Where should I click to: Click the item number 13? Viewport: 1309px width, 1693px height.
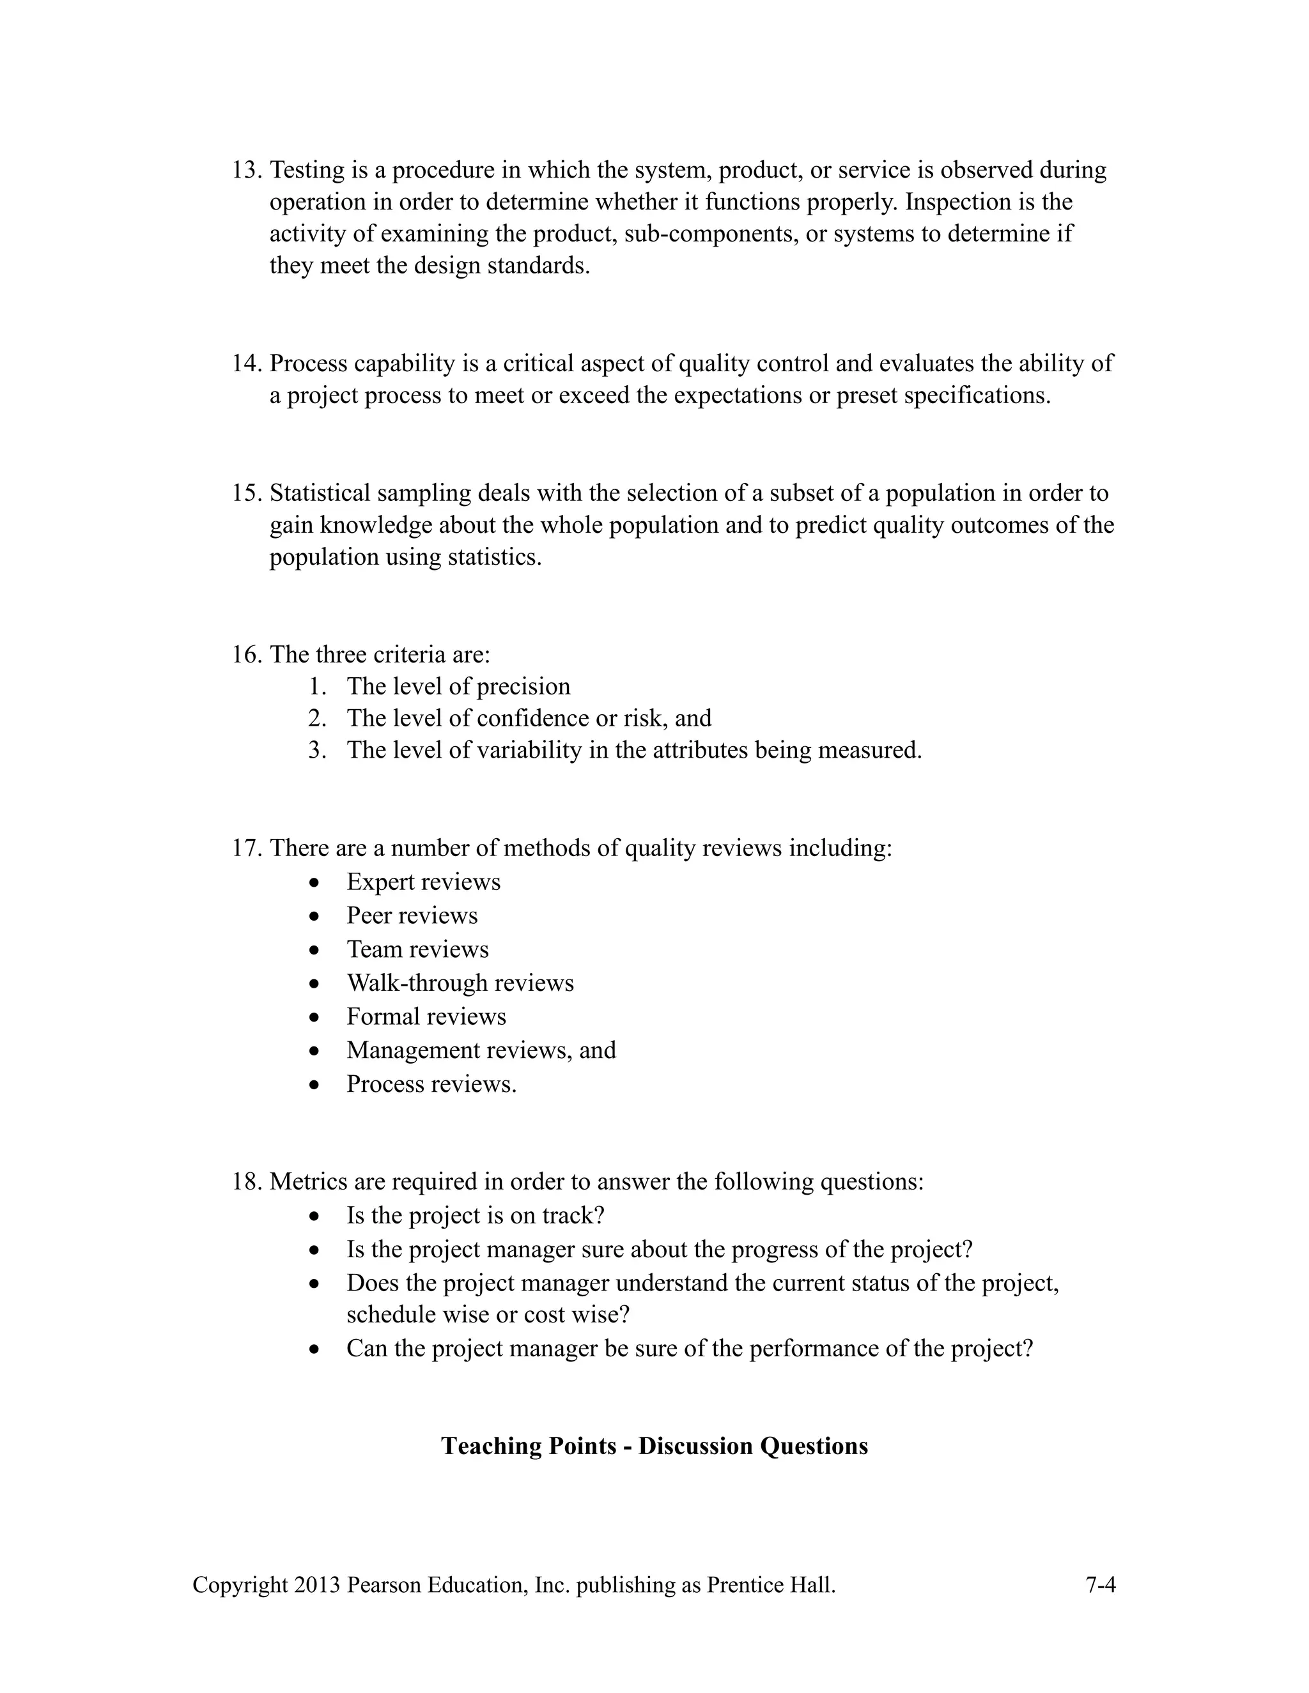pyautogui.click(x=247, y=170)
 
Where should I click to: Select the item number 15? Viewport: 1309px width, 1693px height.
pyautogui.click(x=247, y=493)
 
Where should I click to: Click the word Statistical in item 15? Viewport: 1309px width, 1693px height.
pyautogui.click(x=327, y=493)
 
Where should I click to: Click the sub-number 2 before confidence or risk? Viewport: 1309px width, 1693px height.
pyautogui.click(x=316, y=718)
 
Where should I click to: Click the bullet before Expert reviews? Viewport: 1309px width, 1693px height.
pyautogui.click(x=314, y=882)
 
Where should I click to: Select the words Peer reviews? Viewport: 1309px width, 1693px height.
pyautogui.click(x=412, y=915)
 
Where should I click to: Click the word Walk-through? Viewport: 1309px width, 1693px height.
pyautogui.click(x=417, y=983)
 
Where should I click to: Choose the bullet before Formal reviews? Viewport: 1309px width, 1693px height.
pyautogui.click(x=314, y=1017)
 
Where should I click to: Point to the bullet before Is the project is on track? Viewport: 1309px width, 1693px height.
pyautogui.click(x=314, y=1216)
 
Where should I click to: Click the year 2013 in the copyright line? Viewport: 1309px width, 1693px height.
pyautogui.click(x=317, y=1584)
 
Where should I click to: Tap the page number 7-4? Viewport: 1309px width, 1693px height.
pyautogui.click(x=1099, y=1584)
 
